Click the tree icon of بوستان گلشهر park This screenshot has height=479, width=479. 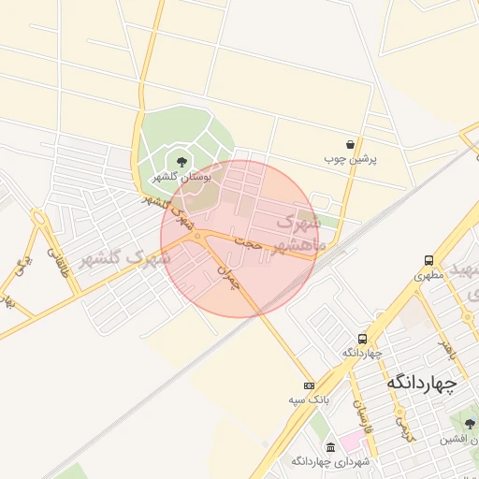(x=181, y=162)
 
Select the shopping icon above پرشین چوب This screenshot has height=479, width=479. (x=350, y=144)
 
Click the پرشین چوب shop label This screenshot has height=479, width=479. (x=350, y=159)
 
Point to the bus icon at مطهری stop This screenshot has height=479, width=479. (x=428, y=260)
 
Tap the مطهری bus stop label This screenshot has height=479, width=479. (x=428, y=276)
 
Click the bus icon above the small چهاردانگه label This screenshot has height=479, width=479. (x=362, y=339)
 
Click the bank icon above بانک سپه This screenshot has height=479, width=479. (x=309, y=385)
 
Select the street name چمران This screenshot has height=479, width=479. (x=230, y=276)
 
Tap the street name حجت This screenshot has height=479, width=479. (x=248, y=242)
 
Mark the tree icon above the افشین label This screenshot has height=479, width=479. (x=470, y=424)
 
